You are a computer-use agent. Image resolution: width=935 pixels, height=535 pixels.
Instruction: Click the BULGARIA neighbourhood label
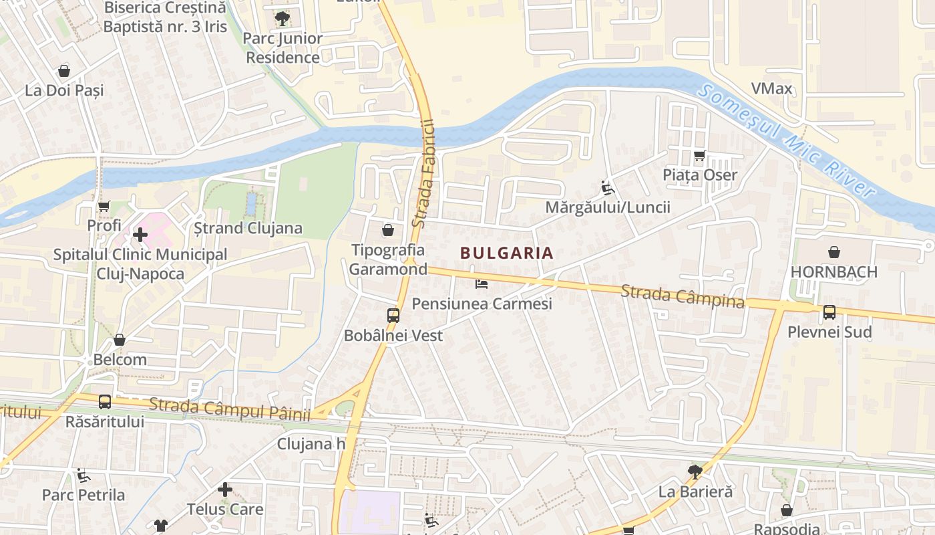[x=507, y=253]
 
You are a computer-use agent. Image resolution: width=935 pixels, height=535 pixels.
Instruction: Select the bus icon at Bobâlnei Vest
[x=393, y=315]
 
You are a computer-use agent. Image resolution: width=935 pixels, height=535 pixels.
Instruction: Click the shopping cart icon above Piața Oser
[x=700, y=156]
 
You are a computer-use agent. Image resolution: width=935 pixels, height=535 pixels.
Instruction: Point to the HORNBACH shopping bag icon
[x=834, y=252]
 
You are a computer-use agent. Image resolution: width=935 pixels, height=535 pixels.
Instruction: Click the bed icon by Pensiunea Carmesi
[x=482, y=284]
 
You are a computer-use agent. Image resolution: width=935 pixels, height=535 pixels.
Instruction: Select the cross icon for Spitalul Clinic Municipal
[x=140, y=235]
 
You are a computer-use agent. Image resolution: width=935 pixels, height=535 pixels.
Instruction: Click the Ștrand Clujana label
[x=248, y=228]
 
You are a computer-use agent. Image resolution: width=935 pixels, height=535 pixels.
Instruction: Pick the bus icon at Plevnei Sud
[x=829, y=312]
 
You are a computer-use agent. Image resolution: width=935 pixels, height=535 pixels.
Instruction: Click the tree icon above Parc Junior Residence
[x=283, y=18]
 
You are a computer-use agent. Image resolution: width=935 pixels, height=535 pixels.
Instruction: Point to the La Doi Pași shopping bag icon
[x=64, y=70]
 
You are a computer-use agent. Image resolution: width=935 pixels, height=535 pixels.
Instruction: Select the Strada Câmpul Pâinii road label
[x=230, y=409]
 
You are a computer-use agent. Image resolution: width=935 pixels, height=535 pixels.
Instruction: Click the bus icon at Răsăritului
[x=105, y=401]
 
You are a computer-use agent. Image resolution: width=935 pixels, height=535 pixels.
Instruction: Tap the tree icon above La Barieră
[x=695, y=471]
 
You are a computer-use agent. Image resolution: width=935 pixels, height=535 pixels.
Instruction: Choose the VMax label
[x=771, y=88]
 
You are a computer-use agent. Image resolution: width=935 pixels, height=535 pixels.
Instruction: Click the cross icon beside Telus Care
[x=225, y=490]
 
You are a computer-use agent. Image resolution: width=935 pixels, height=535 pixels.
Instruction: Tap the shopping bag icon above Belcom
[x=120, y=340]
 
